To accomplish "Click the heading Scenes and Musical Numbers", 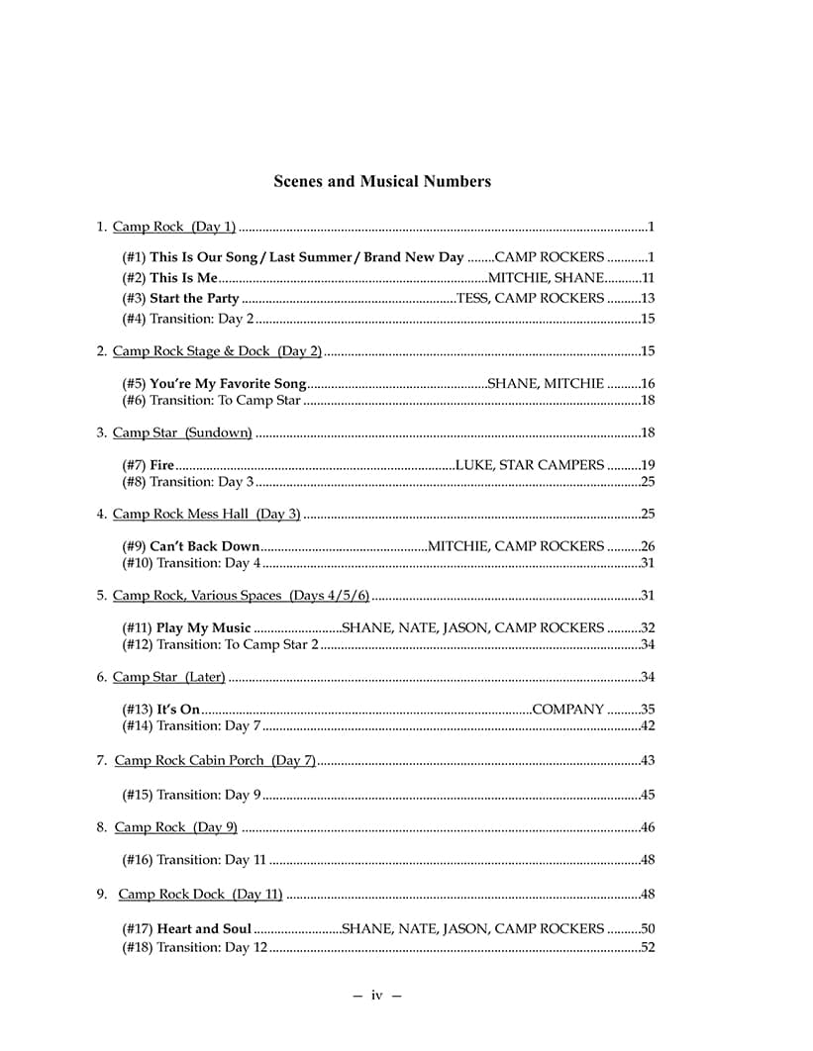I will pos(381,181).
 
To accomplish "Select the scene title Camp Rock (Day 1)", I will pos(174,227).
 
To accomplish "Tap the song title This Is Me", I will pos(183,278).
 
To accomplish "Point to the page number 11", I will pos(649,278).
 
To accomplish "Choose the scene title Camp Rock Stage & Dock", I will pos(217,351).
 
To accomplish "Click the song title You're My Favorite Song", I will pos(228,383).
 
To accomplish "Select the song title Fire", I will pos(162,464).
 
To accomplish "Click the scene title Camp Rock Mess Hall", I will pos(206,514).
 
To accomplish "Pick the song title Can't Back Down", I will pos(204,545).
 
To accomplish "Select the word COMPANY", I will pos(567,709).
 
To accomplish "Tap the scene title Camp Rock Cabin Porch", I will pos(214,760).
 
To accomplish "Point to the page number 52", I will pos(649,947).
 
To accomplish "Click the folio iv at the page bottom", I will pos(376,995).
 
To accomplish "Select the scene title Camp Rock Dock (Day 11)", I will pos(200,895).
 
